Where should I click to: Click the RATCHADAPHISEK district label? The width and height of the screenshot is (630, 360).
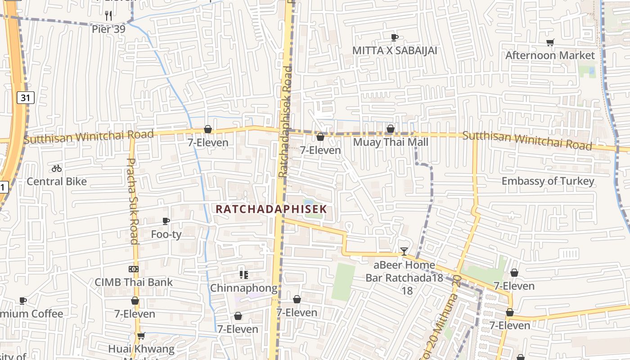pos(271,209)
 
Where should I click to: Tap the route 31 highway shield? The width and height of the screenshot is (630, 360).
pos(26,97)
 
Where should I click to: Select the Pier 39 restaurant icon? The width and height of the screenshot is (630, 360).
pos(108,16)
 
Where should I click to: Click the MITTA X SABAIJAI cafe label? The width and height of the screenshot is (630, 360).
pos(394,50)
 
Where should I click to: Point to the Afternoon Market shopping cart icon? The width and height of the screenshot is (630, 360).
pos(550,43)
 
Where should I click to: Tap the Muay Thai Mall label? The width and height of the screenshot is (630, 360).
pos(390,142)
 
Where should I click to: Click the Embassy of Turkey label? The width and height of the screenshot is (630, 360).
pos(548,181)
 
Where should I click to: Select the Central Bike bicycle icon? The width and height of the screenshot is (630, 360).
pos(57,169)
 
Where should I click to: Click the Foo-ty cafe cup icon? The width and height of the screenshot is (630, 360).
pos(166,221)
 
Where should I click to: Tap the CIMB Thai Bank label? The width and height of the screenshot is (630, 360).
pos(133,282)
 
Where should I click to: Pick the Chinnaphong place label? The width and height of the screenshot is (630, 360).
pos(243,288)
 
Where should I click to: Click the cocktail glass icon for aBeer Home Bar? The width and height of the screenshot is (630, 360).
pos(404,251)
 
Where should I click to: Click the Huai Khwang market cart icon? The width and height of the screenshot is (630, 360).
pos(141,336)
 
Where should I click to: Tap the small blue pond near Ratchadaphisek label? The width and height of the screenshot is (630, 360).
pos(309,203)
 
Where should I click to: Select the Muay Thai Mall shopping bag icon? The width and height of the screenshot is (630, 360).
pos(391,129)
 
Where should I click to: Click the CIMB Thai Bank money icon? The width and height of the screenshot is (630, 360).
pos(133,269)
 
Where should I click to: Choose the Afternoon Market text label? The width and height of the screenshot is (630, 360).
pos(550,55)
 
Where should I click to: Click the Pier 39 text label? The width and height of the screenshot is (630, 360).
pos(108,29)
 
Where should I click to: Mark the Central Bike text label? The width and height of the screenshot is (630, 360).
pos(57,181)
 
